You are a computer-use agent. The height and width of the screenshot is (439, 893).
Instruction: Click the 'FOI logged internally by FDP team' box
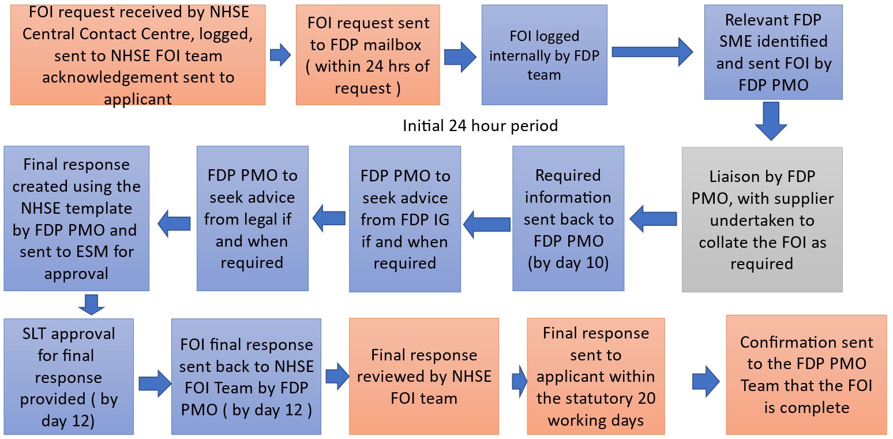click(544, 55)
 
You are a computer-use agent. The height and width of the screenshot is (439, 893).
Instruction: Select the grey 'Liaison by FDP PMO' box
click(762, 219)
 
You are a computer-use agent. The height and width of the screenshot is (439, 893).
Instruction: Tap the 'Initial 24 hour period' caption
click(480, 126)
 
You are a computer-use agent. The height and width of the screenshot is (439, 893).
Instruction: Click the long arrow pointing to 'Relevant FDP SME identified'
click(652, 52)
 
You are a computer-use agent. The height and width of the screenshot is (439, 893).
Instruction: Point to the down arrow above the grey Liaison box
click(771, 121)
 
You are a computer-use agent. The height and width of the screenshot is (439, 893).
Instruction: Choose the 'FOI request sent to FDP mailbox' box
click(367, 55)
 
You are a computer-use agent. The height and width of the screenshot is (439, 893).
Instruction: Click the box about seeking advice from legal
click(252, 218)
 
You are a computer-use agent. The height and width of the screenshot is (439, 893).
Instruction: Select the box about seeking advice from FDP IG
click(404, 219)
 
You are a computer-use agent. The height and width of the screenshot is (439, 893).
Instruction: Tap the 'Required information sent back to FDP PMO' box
click(568, 218)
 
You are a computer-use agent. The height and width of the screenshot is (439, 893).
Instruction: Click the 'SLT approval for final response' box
click(69, 377)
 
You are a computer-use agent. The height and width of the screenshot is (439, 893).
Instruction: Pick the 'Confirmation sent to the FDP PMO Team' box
click(806, 375)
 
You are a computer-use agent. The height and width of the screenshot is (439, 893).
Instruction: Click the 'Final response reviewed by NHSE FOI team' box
click(424, 376)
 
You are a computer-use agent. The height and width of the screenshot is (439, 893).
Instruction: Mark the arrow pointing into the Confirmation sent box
click(706, 382)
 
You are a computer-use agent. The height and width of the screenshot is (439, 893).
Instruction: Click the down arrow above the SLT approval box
click(91, 305)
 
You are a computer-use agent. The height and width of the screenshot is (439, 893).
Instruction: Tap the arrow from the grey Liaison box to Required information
click(653, 219)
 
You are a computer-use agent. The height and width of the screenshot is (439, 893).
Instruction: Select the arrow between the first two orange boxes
click(280, 55)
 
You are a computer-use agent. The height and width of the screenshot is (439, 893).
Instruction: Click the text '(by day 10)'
click(568, 263)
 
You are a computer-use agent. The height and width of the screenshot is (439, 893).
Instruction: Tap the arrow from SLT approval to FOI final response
click(155, 384)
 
